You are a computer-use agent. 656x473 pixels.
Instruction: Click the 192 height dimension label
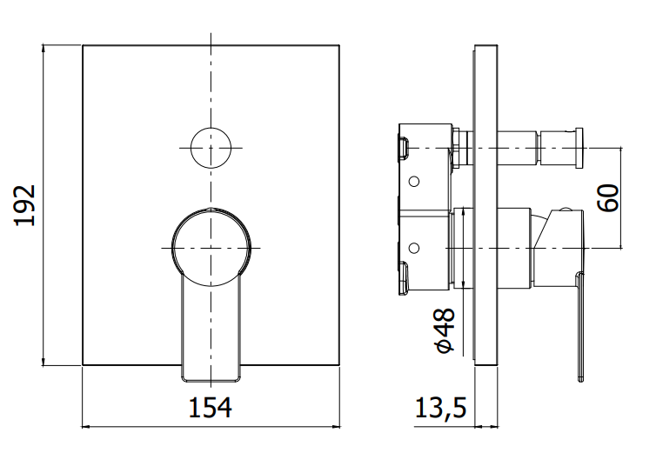[24, 205]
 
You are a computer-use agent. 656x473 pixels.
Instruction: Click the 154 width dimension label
[210, 408]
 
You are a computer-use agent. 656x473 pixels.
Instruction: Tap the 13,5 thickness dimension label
[440, 408]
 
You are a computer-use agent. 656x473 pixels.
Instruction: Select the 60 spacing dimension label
[607, 198]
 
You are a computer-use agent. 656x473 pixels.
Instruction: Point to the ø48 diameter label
[445, 330]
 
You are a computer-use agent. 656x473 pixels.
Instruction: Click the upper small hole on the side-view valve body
[414, 181]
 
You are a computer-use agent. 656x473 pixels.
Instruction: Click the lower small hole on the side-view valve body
[414, 248]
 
